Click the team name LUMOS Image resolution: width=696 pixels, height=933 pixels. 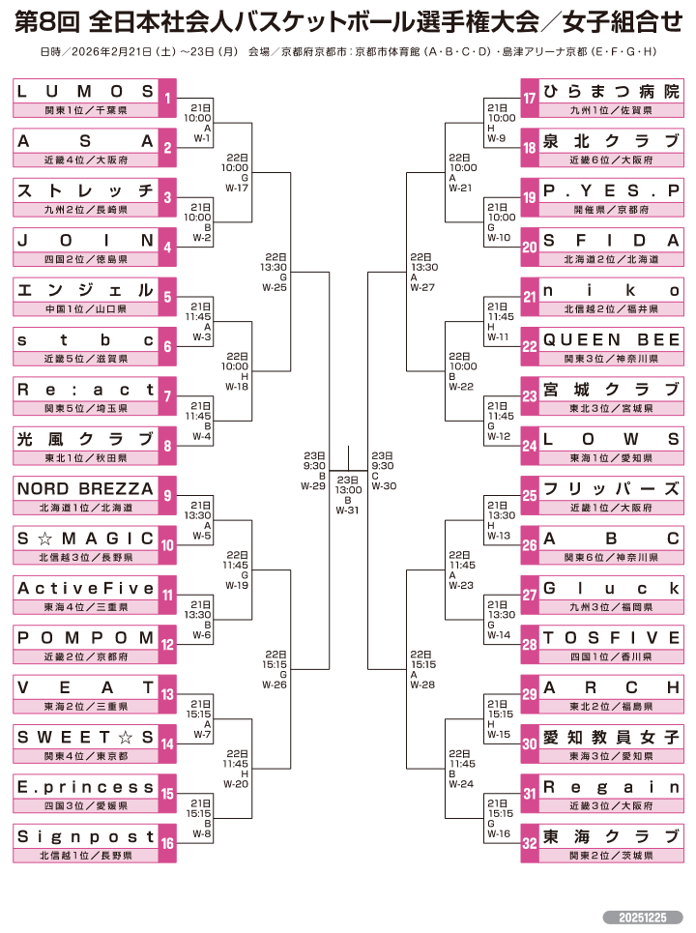click(85, 92)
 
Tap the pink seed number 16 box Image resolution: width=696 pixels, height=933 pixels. click(167, 843)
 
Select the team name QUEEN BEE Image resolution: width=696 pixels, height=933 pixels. click(612, 339)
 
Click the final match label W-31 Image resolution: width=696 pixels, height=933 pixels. click(347, 510)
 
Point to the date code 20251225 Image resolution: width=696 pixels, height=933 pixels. click(643, 917)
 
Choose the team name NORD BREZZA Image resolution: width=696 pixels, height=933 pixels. click(85, 489)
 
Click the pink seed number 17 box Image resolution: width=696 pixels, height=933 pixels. click(529, 98)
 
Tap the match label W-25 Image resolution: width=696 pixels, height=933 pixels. click(274, 287)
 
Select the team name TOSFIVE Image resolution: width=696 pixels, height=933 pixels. click(612, 638)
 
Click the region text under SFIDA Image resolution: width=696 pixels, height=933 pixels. click(612, 259)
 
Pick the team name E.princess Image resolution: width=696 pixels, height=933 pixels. click(85, 787)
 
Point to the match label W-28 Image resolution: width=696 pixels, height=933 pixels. click(421, 685)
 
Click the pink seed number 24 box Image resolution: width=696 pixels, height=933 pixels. click(529, 446)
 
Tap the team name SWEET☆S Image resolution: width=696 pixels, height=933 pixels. click(85, 738)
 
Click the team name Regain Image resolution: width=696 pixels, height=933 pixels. click(612, 787)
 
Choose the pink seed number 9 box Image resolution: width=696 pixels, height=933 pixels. click(167, 495)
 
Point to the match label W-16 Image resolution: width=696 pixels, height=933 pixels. click(498, 833)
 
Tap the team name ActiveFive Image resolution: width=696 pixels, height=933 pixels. click(85, 589)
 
